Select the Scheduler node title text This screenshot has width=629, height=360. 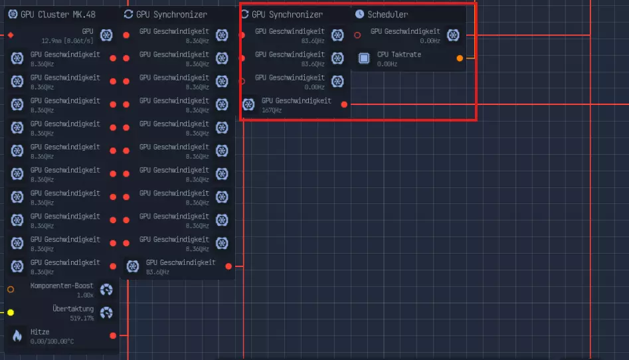tap(387, 14)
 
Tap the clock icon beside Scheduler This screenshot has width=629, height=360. tap(359, 14)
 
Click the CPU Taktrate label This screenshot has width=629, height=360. tap(399, 54)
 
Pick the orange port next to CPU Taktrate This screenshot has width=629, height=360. tap(460, 58)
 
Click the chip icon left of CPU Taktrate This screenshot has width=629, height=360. tap(364, 58)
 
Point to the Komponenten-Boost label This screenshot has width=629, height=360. tap(62, 286)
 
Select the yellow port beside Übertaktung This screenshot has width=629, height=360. tap(11, 312)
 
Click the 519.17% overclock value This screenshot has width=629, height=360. tap(82, 318)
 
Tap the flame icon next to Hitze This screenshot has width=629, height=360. tap(17, 335)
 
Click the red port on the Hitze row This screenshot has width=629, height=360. tap(113, 335)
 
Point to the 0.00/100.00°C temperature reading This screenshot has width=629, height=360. tap(52, 341)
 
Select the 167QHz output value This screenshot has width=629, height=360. tap(272, 110)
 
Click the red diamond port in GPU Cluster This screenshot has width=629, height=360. tap(11, 35)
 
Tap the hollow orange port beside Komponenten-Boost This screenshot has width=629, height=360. tap(11, 290)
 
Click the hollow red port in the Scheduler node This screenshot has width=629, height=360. tap(357, 35)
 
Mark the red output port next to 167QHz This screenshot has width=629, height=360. tap(344, 104)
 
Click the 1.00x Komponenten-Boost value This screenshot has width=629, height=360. tap(85, 295)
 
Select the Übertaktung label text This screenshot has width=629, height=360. tap(73, 309)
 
